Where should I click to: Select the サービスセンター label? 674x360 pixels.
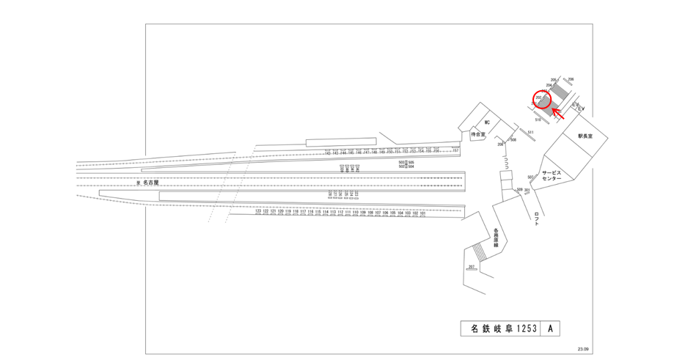point(552,175)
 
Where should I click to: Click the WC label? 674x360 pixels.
point(486,123)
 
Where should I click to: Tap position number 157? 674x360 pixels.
point(455,150)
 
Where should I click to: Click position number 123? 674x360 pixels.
point(258,211)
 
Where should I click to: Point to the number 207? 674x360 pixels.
point(471,265)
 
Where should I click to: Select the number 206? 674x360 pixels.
point(571,79)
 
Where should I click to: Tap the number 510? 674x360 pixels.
point(538,120)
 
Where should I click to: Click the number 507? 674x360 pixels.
point(530,177)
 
